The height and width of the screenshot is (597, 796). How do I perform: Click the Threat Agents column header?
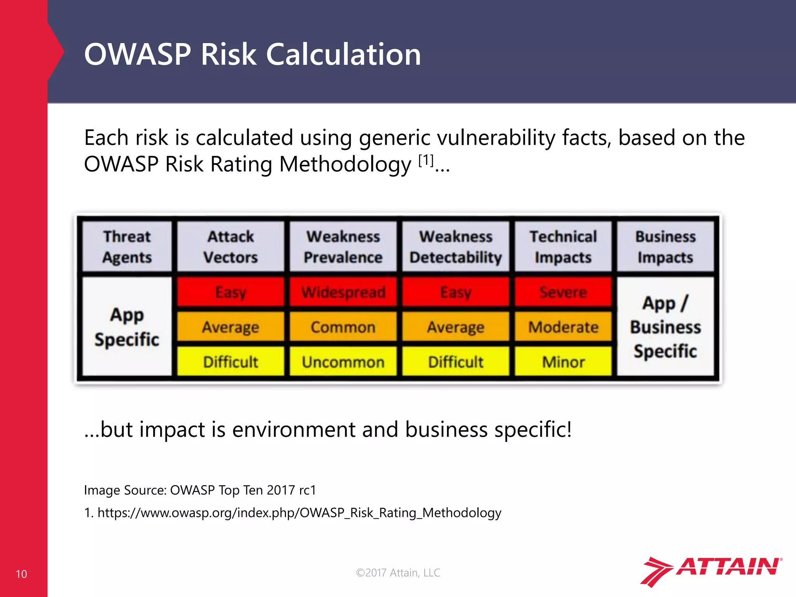click(127, 247)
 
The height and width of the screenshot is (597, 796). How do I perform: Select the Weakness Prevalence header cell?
click(343, 247)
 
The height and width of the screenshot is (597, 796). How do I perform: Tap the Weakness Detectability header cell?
click(456, 247)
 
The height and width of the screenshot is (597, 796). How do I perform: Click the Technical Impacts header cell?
click(563, 247)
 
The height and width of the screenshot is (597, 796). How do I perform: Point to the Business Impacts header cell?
click(665, 247)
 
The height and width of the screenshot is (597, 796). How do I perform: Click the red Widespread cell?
click(343, 292)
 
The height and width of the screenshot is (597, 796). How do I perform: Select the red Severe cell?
click(563, 292)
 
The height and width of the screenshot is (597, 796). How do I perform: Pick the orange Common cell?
click(343, 327)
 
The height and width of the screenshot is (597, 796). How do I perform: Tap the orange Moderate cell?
click(563, 327)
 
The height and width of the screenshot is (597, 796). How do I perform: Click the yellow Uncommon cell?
click(343, 362)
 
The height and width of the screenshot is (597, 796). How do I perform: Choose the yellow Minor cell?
click(563, 362)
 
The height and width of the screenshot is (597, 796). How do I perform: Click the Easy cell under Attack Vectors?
click(230, 292)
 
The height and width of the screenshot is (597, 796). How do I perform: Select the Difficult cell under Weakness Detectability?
click(456, 362)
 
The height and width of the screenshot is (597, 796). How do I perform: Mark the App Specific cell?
click(127, 327)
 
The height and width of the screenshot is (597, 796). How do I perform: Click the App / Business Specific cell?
click(665, 327)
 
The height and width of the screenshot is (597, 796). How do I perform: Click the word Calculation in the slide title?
click(343, 54)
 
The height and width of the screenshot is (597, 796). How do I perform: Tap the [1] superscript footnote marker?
click(426, 160)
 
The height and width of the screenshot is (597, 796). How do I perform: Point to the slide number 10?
click(21, 574)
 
